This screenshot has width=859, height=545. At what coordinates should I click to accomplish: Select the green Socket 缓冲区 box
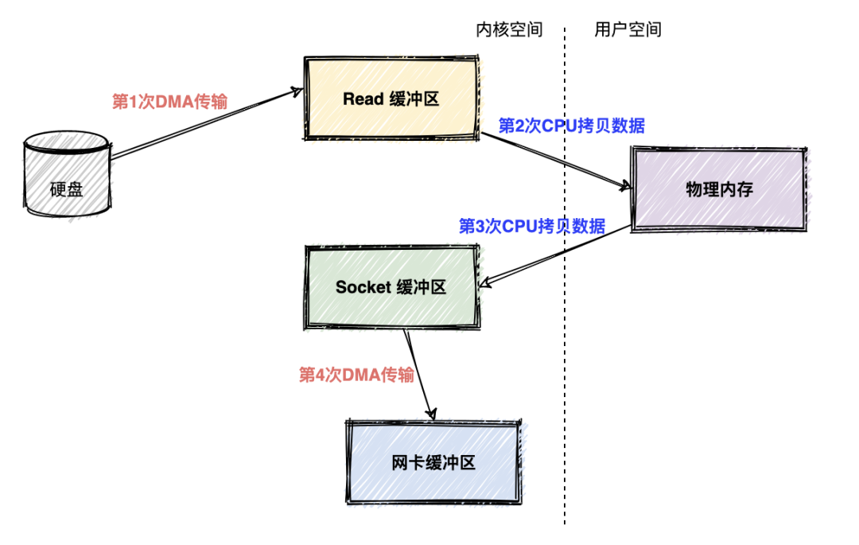[392, 287]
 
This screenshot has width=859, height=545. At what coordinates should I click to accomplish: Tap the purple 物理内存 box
[718, 189]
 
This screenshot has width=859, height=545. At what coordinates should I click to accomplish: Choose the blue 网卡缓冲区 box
[433, 462]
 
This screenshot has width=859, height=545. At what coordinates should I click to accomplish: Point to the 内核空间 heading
[509, 30]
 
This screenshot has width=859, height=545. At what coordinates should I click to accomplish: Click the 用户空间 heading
[628, 30]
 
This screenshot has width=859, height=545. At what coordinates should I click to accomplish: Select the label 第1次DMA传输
[169, 102]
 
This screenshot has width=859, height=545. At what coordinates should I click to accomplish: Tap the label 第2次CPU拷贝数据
[571, 126]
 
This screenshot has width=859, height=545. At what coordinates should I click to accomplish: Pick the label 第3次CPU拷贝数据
[531, 226]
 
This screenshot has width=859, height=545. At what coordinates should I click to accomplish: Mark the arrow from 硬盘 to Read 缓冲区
[207, 123]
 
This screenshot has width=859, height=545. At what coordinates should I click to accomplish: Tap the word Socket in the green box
[363, 287]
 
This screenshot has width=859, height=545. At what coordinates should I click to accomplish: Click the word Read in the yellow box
[363, 99]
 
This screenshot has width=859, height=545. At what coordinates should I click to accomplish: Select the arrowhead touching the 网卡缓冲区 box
[432, 414]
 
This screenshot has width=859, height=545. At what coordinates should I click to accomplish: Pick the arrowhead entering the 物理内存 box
[624, 186]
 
